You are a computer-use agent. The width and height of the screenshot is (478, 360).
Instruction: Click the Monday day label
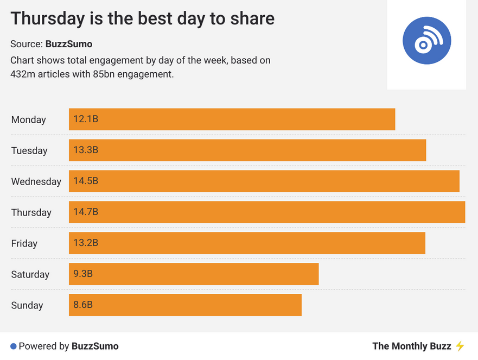pos(29,120)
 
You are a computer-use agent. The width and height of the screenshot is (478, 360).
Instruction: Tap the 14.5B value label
pos(86,181)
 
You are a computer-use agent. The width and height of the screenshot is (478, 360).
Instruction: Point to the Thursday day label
pos(31,212)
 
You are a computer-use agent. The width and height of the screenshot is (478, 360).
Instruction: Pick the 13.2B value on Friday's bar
pos(86,243)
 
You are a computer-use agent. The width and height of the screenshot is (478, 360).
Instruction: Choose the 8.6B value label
pos(84,305)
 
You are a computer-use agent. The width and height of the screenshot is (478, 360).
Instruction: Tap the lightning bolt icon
pos(460,346)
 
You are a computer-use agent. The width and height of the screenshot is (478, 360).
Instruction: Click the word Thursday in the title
pos(47,18)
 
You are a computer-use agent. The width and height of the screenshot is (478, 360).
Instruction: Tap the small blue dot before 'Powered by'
pos(14,346)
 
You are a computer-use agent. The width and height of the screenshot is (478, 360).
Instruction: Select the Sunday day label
pos(27,305)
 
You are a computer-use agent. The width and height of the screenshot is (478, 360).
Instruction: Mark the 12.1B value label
pos(86,119)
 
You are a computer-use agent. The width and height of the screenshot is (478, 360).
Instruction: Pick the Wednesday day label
pos(36,181)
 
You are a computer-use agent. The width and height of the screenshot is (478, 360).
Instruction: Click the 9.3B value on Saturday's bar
pos(84,274)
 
